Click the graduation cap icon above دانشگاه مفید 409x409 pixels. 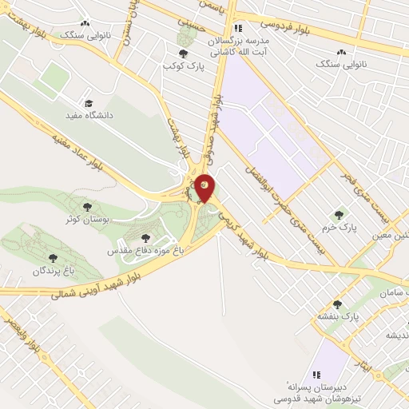(x=89, y=104)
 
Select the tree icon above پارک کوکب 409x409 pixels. (x=183, y=54)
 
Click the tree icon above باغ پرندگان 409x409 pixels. (x=53, y=258)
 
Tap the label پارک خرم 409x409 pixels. (x=340, y=227)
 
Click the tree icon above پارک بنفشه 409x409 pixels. (x=336, y=304)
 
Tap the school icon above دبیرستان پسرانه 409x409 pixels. (x=316, y=373)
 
